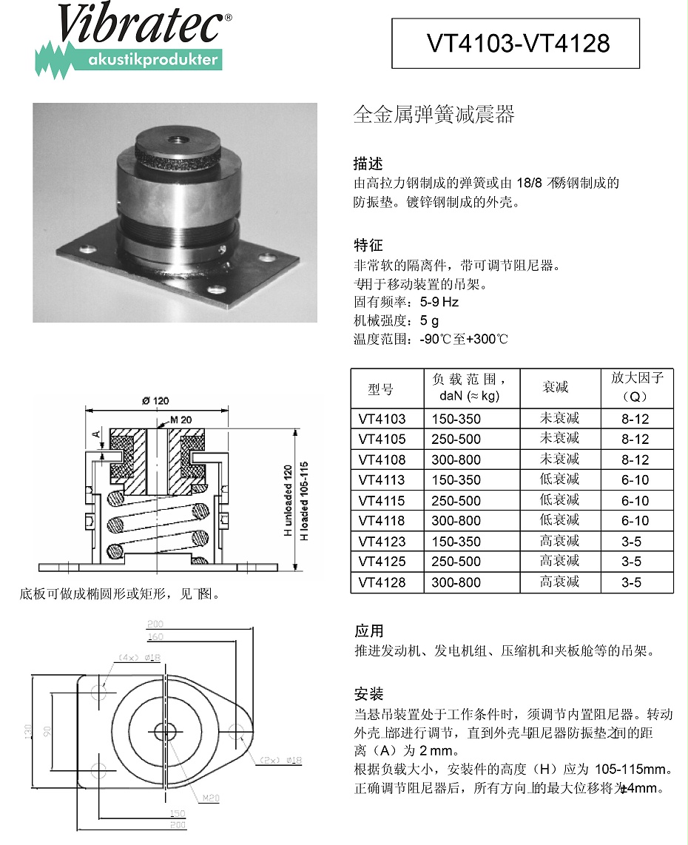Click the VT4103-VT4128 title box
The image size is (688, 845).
516,44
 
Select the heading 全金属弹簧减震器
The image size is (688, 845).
434,115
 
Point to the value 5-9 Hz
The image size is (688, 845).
439,302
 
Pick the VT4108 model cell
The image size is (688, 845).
382,459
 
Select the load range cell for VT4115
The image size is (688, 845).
456,500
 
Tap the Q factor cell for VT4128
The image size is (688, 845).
631,582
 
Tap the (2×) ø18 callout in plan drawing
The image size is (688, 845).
280,760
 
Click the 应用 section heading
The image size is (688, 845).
368,631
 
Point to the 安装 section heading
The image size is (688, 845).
368,695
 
